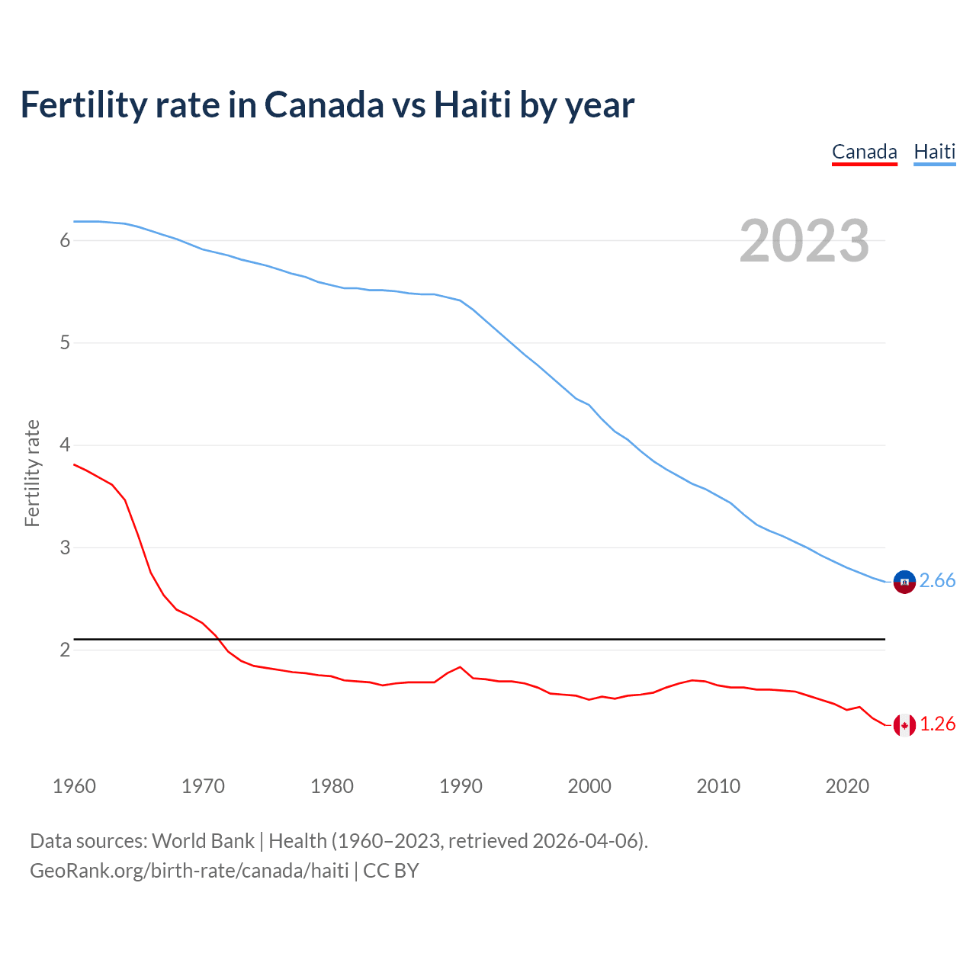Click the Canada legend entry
[x=864, y=152]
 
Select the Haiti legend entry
[x=934, y=152]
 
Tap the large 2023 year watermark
[x=804, y=241]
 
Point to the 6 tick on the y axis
[x=65, y=241]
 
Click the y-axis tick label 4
[x=65, y=445]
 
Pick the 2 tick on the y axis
[x=65, y=650]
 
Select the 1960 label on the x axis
[x=74, y=786]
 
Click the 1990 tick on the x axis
[x=461, y=786]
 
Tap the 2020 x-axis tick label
[x=847, y=786]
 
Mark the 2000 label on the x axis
[x=589, y=786]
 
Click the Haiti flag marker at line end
[x=904, y=582]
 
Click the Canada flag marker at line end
[x=904, y=725]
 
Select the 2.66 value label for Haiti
[x=937, y=581]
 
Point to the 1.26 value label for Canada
[x=937, y=724]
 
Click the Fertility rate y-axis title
[x=32, y=473]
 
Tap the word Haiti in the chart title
[x=473, y=105]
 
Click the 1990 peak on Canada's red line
[x=460, y=667]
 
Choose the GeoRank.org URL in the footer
[x=189, y=871]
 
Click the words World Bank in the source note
[x=203, y=841]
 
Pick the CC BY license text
[x=391, y=871]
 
